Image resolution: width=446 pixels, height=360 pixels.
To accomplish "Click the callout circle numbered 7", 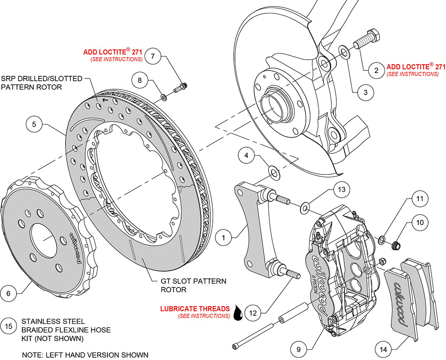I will pyautogui.click(x=153, y=56).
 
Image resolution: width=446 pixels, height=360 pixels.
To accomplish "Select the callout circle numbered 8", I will pyautogui.click(x=140, y=81).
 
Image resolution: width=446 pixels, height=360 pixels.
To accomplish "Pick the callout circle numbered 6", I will pyautogui.click(x=8, y=293).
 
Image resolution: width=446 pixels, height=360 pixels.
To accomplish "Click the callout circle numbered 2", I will pyautogui.click(x=376, y=70).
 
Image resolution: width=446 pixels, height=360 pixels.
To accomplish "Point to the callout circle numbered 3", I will pyautogui.click(x=365, y=92).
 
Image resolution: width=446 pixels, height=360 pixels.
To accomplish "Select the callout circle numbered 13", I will pyautogui.click(x=341, y=190).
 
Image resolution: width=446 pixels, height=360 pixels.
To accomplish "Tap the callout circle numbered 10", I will pyautogui.click(x=419, y=222).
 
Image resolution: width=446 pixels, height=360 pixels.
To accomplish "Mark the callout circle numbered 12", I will pyautogui.click(x=253, y=313).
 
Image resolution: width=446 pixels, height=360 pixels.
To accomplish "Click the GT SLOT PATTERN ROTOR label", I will pyautogui.click(x=193, y=285).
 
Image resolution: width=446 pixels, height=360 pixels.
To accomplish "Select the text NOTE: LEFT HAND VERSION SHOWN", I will pyautogui.click(x=85, y=355).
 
